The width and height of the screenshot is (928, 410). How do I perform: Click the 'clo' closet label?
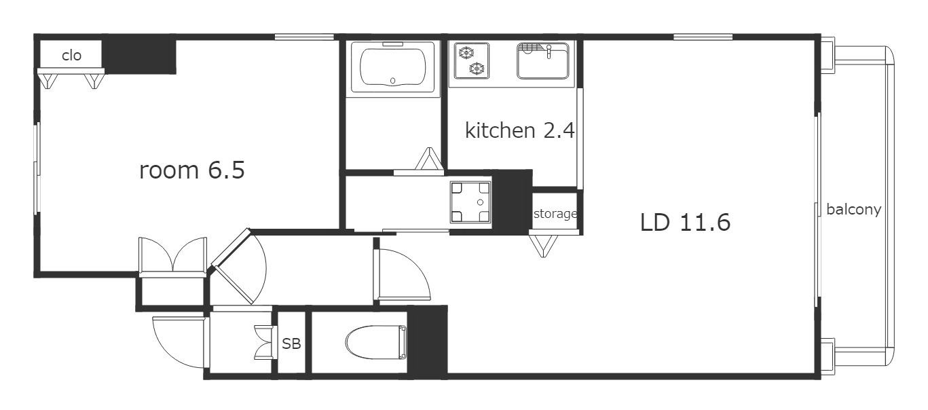click(71, 56)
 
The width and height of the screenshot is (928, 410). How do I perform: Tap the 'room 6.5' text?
click(192, 170)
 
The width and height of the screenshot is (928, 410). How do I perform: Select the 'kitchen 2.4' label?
click(520, 130)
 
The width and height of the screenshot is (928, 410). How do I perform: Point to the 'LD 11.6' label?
click(685, 223)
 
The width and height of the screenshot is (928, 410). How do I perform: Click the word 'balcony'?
click(853, 210)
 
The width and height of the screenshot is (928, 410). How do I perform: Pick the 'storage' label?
click(555, 214)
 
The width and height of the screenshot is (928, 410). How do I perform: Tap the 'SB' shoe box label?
click(291, 343)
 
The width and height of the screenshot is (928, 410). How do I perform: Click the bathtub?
click(393, 67)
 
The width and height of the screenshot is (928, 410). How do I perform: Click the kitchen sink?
click(542, 61)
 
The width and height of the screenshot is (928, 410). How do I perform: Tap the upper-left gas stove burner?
click(466, 53)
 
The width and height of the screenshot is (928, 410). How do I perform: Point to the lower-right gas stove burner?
click(477, 67)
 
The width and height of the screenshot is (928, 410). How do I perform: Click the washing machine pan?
click(470, 202)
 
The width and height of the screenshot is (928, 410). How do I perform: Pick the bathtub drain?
click(393, 81)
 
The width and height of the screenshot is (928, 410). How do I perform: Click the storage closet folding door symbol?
click(543, 246)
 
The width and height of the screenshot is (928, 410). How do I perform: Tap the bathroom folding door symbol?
click(430, 159)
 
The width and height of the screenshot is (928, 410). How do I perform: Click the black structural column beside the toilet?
click(428, 341)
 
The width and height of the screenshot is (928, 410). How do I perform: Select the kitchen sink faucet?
click(549, 51)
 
